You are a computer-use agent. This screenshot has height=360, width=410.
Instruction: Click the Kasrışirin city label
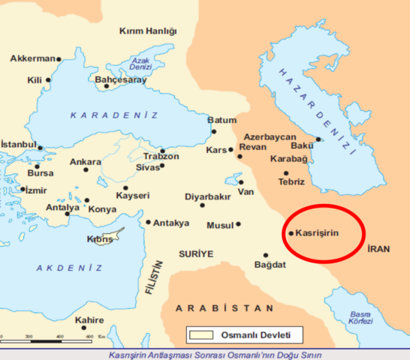(318, 233)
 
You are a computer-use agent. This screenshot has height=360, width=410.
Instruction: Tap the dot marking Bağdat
(265, 255)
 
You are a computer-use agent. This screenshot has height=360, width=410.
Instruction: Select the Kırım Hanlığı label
(148, 31)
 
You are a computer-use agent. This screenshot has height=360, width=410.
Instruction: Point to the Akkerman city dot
(59, 58)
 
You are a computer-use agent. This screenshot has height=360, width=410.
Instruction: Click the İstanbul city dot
(40, 148)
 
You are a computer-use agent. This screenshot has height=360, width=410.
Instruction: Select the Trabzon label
(161, 156)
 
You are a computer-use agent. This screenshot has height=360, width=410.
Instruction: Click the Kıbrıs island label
(100, 238)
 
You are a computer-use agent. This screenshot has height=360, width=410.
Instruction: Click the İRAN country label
(379, 249)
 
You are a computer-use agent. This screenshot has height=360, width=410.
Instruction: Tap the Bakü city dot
(318, 139)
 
